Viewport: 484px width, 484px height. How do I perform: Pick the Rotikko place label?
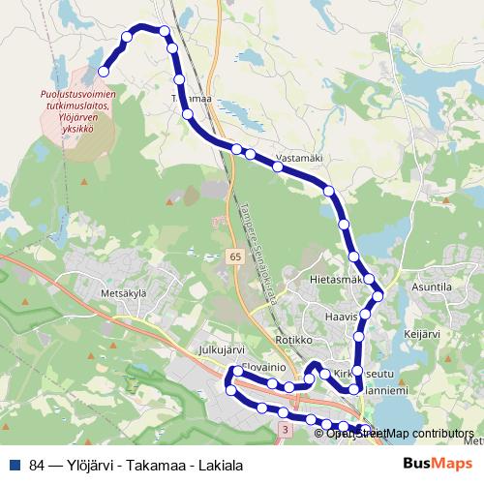pos(293,340)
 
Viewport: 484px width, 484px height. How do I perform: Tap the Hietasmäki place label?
pos(336,280)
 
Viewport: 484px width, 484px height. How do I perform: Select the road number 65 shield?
pos(236,256)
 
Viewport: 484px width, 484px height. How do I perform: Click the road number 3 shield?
pos(285,427)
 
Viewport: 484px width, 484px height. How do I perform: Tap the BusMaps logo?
pos(436,465)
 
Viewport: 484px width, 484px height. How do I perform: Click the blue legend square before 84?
pos(15,466)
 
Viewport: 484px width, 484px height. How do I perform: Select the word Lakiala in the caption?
pos(220,466)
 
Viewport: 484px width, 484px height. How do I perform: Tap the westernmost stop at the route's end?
pos(104,71)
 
